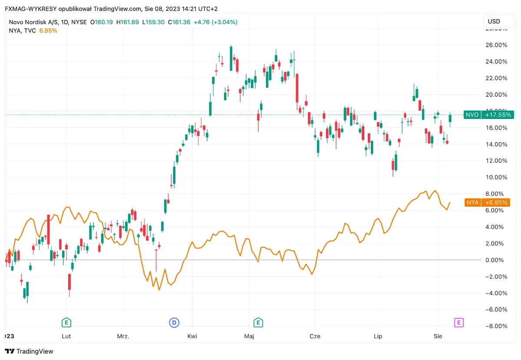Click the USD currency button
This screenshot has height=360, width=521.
[x=494, y=21]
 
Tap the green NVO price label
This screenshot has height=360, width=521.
[x=488, y=115]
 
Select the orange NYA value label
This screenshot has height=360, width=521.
[x=488, y=202]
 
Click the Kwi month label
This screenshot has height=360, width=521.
[x=192, y=336]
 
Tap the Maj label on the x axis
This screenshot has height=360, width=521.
[x=249, y=336]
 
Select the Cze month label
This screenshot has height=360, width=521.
[x=315, y=336]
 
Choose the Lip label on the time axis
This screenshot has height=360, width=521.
[x=378, y=336]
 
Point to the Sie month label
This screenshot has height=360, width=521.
[x=438, y=336]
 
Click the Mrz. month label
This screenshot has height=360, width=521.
[x=123, y=336]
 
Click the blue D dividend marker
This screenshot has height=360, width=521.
[x=174, y=322]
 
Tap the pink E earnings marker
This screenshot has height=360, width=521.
[x=458, y=322]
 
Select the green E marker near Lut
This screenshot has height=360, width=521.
[x=66, y=322]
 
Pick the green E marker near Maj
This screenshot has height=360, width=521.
[x=258, y=322]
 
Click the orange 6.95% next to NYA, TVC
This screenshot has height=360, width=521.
[x=48, y=30]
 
